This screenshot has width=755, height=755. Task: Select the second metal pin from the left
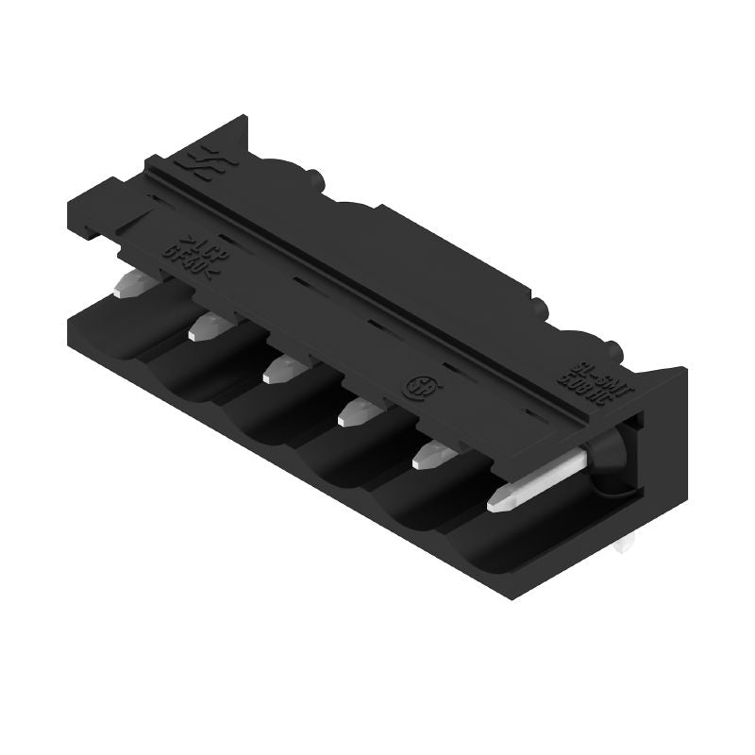[205, 327]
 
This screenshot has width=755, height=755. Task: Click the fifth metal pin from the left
[432, 454]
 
